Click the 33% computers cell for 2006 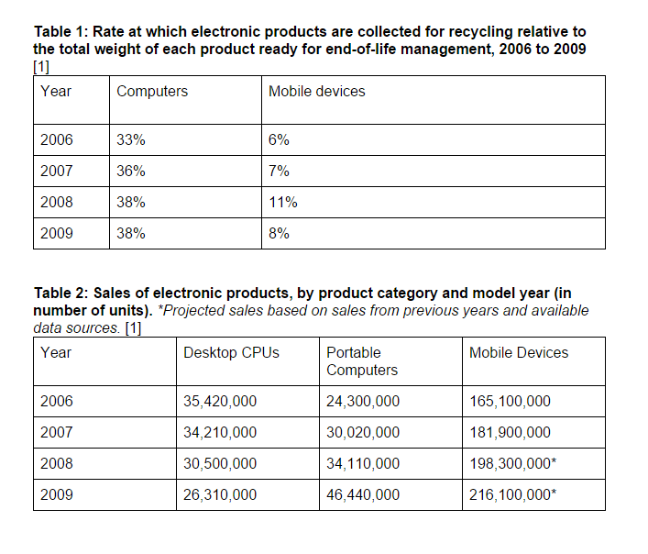click(x=131, y=140)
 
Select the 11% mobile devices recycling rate click(x=282, y=202)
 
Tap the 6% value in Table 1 click(x=279, y=140)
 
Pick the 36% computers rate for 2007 click(x=131, y=171)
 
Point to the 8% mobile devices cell click(x=279, y=233)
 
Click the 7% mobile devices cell click(x=279, y=171)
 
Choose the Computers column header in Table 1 click(x=152, y=91)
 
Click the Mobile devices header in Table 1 click(x=316, y=91)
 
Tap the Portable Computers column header click(x=362, y=361)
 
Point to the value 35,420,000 click(x=220, y=401)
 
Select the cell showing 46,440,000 click(x=363, y=494)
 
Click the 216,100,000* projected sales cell click(x=512, y=494)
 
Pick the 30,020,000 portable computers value click(x=363, y=432)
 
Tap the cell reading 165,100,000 click(x=510, y=401)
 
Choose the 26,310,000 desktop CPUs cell click(x=220, y=494)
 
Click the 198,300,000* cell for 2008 click(x=512, y=463)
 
